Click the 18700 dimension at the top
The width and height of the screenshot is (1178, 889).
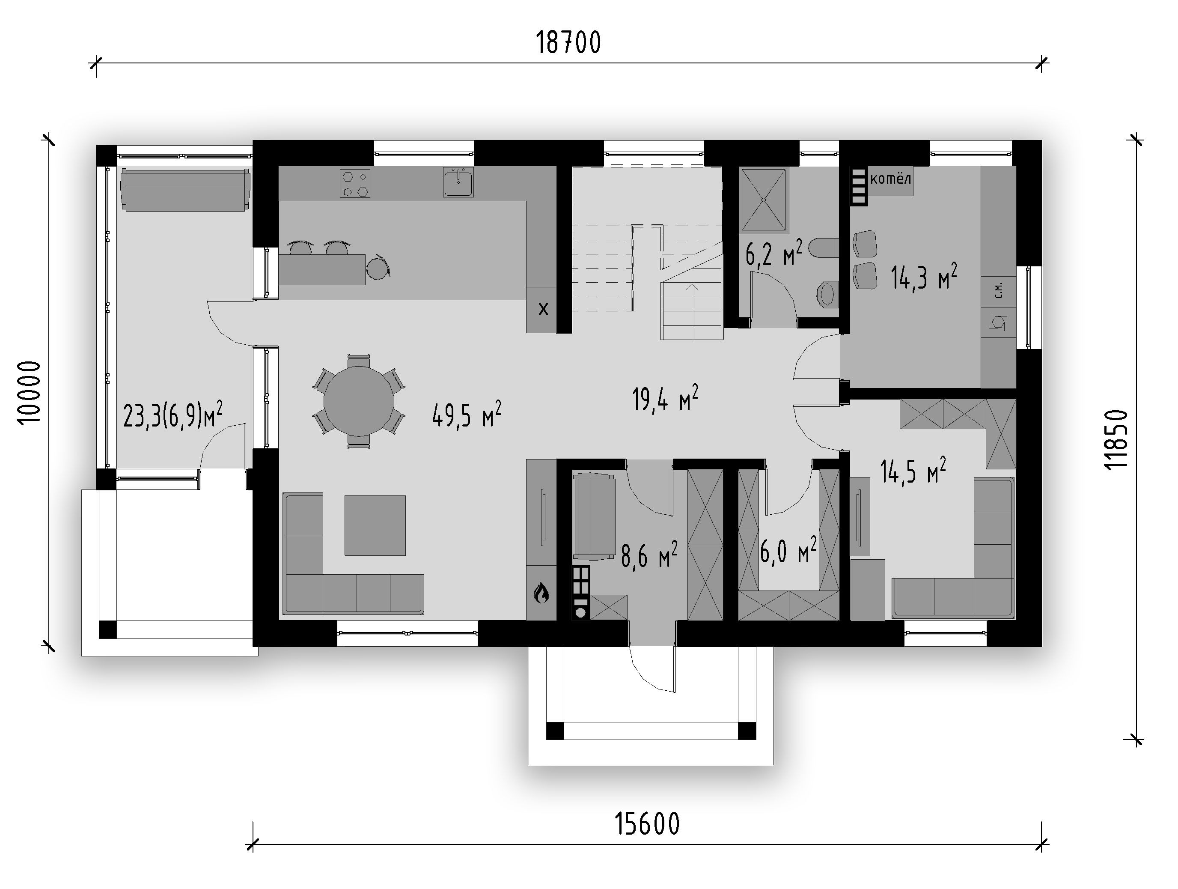coord(568,43)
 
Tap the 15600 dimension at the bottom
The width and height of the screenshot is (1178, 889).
coord(647,824)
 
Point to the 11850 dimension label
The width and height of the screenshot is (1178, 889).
coord(1116,439)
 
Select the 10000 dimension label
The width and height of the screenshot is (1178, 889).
coord(29,393)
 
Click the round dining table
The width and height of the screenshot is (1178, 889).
coord(359,401)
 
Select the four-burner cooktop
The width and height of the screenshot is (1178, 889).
coord(355,183)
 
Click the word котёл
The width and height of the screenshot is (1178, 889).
coord(890,179)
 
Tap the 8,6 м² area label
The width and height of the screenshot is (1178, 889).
coord(649,555)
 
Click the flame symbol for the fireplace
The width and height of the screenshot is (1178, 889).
coord(541,592)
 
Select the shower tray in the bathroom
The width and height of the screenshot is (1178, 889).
coord(764,200)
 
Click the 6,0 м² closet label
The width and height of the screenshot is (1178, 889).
coord(788,551)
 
